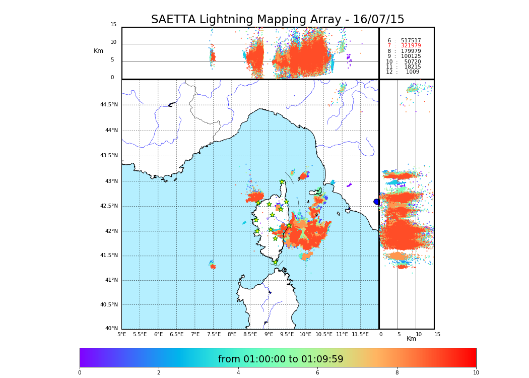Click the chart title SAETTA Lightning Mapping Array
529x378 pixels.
278,20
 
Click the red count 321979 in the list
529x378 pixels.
411,46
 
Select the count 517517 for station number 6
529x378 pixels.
411,40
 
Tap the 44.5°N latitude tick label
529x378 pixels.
109,105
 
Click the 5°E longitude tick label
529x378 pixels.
121,334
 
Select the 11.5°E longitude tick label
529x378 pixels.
360,334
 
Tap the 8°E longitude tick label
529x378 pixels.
232,334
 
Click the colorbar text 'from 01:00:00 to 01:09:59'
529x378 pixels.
281,359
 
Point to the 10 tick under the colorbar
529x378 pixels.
476,372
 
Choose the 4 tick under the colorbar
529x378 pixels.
238,372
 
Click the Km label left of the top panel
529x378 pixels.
98,51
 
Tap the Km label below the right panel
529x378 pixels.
411,339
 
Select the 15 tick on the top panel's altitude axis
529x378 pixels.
113,25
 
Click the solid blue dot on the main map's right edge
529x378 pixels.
376,202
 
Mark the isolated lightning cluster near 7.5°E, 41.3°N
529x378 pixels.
213,266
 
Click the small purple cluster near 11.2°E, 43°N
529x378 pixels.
349,185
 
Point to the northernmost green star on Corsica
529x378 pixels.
282,182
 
